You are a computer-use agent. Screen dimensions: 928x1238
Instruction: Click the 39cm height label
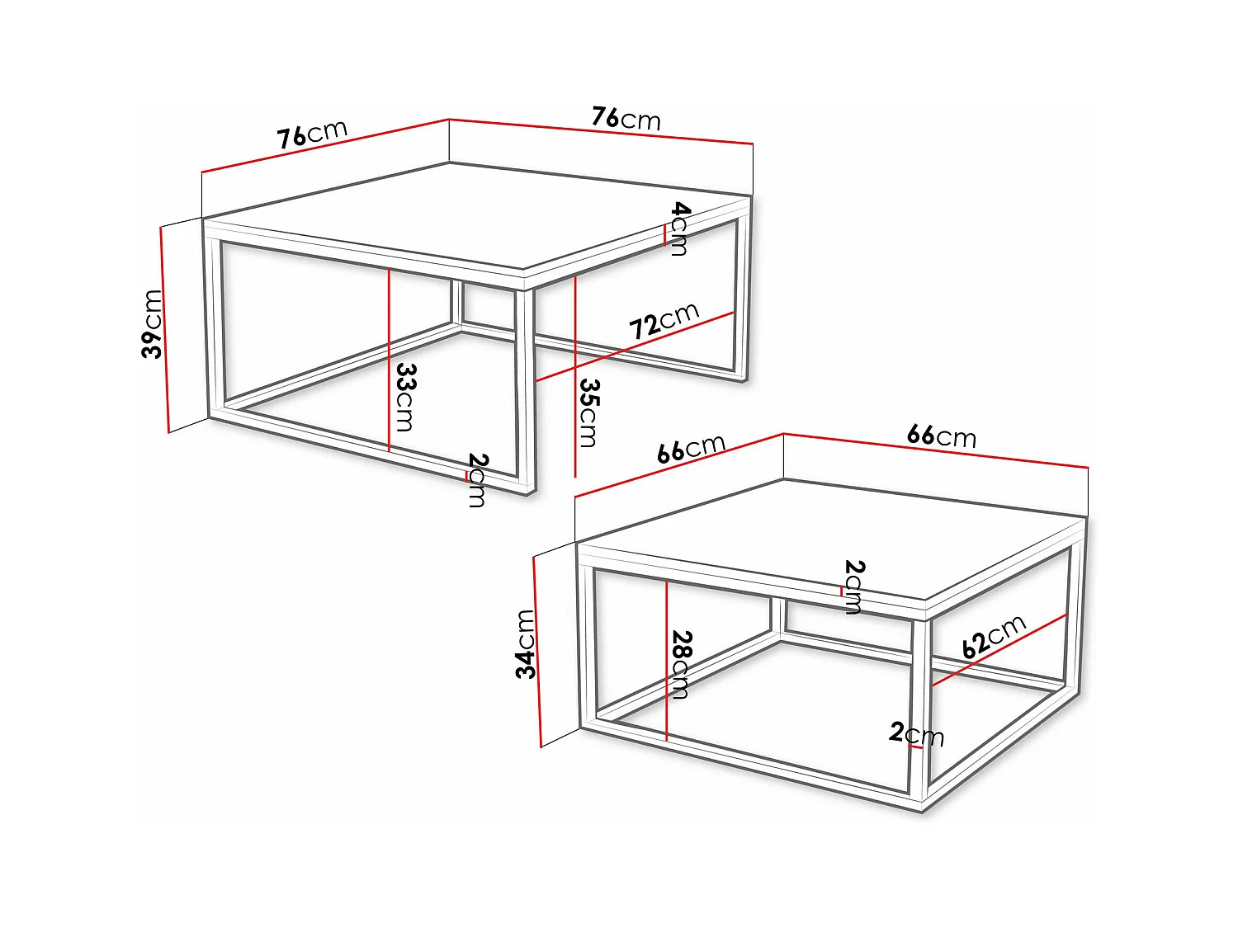coord(153,323)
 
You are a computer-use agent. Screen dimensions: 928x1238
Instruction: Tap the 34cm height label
coord(526,643)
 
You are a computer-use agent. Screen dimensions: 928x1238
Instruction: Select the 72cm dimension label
coord(664,321)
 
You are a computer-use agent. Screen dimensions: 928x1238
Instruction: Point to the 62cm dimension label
coord(994,636)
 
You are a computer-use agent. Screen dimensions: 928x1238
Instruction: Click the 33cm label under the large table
coord(405,397)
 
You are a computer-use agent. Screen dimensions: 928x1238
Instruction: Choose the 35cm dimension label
coord(588,412)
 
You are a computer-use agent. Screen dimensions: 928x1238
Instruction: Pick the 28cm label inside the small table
coord(681,665)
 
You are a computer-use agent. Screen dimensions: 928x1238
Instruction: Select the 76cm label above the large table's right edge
coord(626,119)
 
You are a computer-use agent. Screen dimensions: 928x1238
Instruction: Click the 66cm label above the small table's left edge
coord(691,449)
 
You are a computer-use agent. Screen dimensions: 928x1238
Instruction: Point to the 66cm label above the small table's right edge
coord(941,436)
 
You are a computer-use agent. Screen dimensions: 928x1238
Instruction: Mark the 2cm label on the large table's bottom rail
coord(477,479)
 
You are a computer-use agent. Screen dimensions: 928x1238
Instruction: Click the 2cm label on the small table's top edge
coord(854,586)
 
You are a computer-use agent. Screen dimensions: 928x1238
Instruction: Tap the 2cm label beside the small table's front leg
coord(916,733)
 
